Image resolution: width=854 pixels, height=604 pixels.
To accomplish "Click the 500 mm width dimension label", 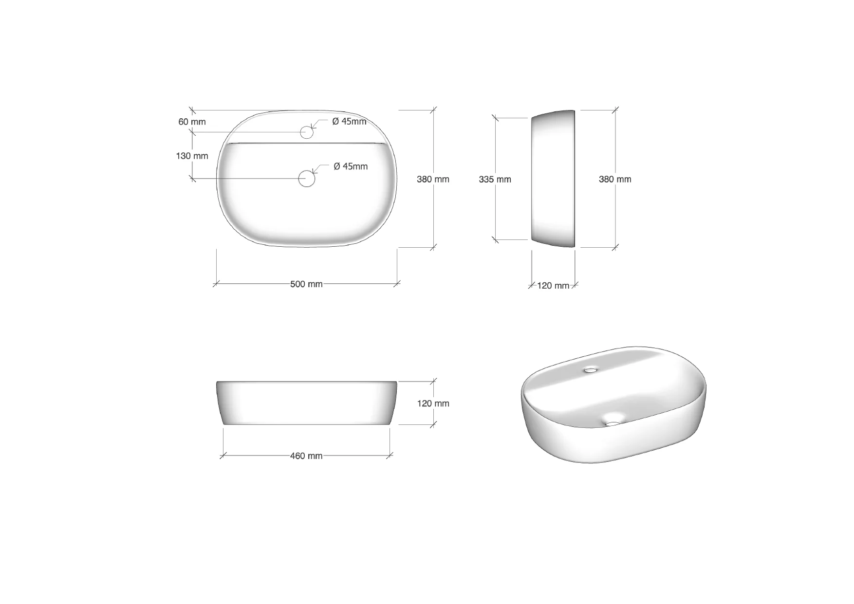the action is point(306,284).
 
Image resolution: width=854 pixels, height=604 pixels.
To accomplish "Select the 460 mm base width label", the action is point(306,456).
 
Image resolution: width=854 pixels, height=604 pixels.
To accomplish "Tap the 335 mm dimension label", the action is point(495,180).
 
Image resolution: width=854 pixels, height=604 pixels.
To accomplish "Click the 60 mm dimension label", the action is point(192,122).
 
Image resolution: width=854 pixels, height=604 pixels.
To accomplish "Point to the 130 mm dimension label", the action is point(192,156).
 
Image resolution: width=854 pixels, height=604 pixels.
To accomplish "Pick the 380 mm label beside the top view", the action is point(433,179).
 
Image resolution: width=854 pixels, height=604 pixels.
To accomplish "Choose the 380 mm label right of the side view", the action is point(615,179).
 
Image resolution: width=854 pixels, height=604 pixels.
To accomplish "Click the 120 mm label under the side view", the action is point(553,286).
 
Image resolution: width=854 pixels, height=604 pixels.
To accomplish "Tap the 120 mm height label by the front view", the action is point(433,403).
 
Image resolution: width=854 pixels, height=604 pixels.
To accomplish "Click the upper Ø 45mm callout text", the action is point(349,122).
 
